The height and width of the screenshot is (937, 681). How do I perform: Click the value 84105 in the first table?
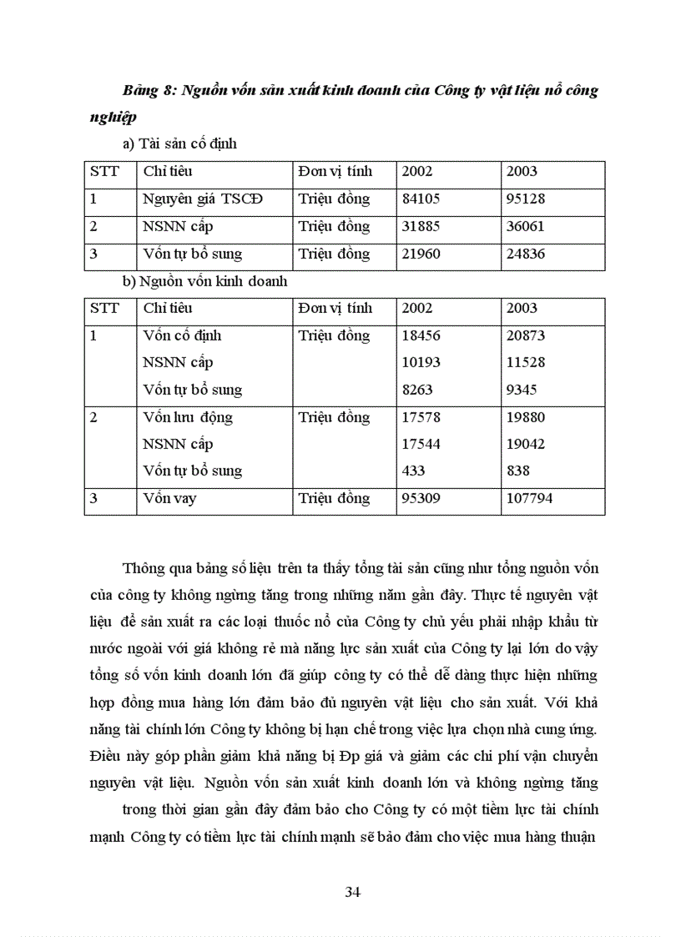(421, 199)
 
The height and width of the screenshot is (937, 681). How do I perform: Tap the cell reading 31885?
(421, 227)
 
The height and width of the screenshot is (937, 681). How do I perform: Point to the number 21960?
(421, 254)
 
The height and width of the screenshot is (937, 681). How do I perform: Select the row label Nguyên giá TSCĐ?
(203, 199)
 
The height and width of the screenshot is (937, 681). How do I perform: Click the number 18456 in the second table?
(421, 335)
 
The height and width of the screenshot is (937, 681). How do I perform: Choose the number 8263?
(416, 390)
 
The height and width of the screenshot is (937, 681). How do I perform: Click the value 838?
(518, 471)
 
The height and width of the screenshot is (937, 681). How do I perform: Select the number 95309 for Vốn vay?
(421, 499)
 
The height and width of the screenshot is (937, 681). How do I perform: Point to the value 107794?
(530, 499)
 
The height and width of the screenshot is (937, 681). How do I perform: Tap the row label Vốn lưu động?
(188, 417)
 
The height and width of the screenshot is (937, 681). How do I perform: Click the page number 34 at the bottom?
(352, 892)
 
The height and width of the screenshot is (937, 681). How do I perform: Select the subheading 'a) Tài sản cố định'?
(179, 144)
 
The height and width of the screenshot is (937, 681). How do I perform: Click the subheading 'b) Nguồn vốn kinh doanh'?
(204, 281)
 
